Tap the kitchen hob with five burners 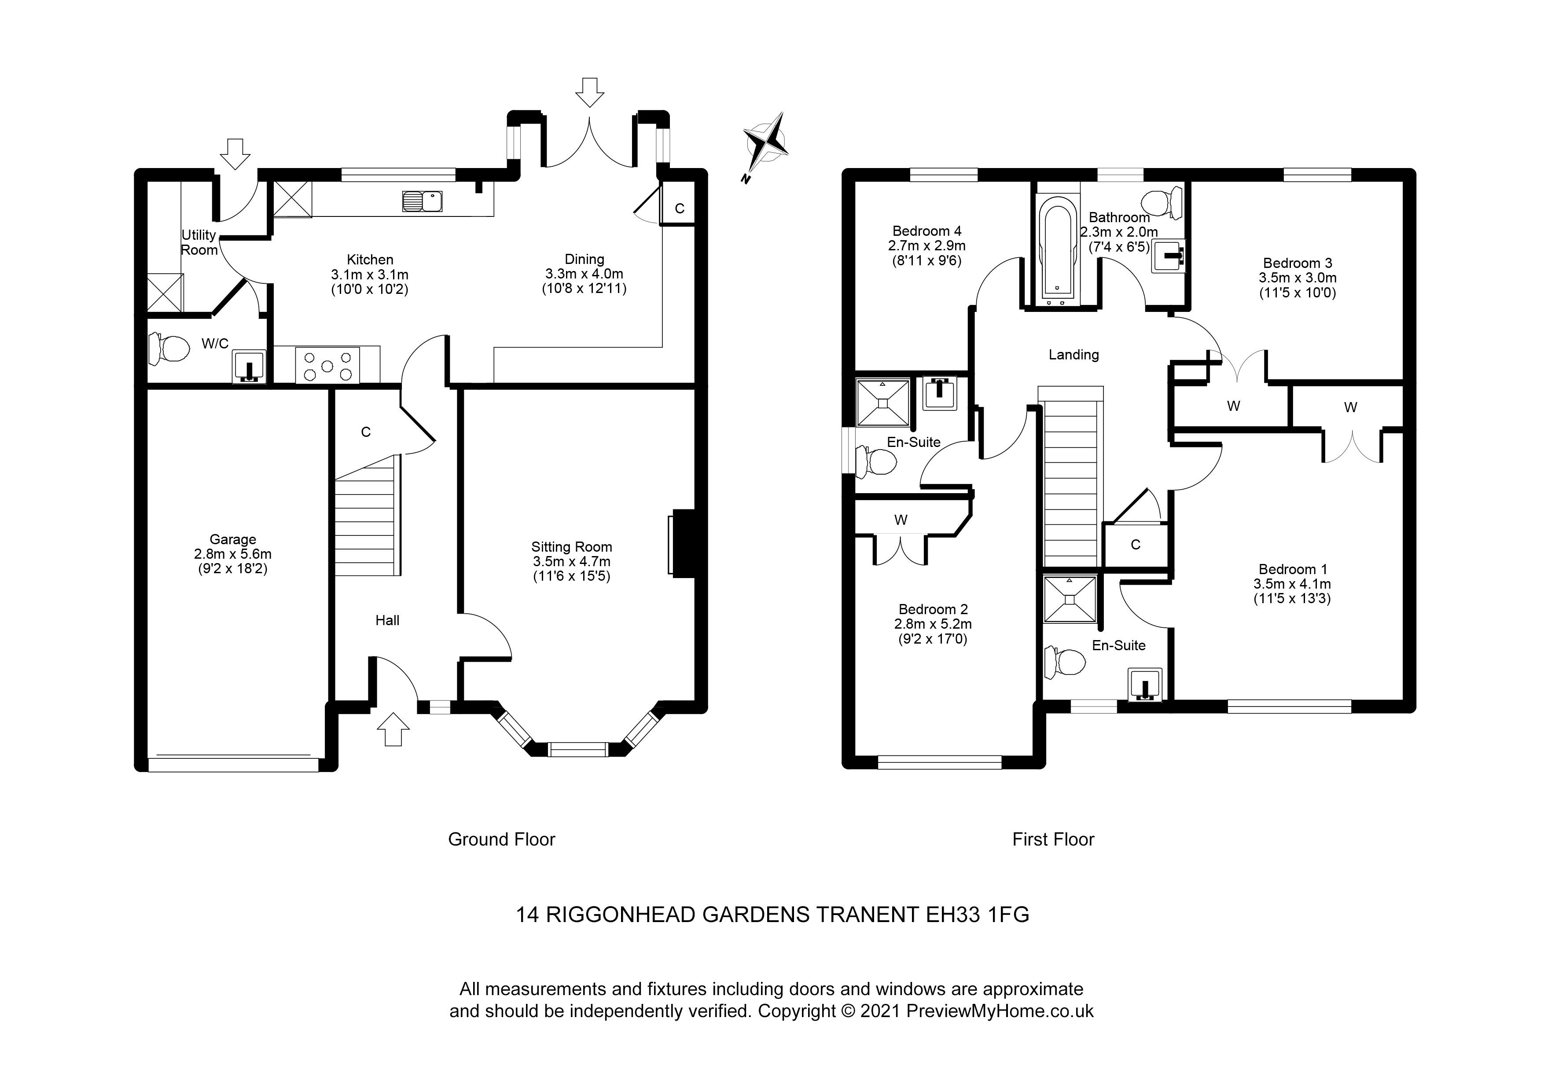[327, 366]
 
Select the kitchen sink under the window [422, 201]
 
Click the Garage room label [233, 539]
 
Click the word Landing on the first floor [1073, 355]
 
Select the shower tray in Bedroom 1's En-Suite [1069, 599]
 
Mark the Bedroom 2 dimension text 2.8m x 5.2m [933, 624]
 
